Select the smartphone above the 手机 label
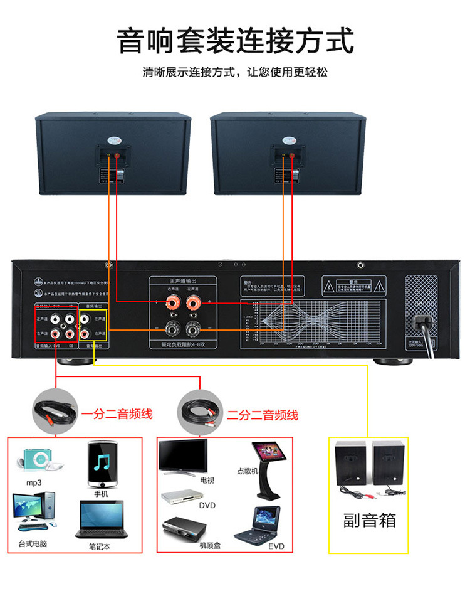[x=102, y=464]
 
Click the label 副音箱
[x=369, y=520]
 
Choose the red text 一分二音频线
[x=117, y=414]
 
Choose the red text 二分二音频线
[x=263, y=414]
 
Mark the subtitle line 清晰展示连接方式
[x=235, y=72]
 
